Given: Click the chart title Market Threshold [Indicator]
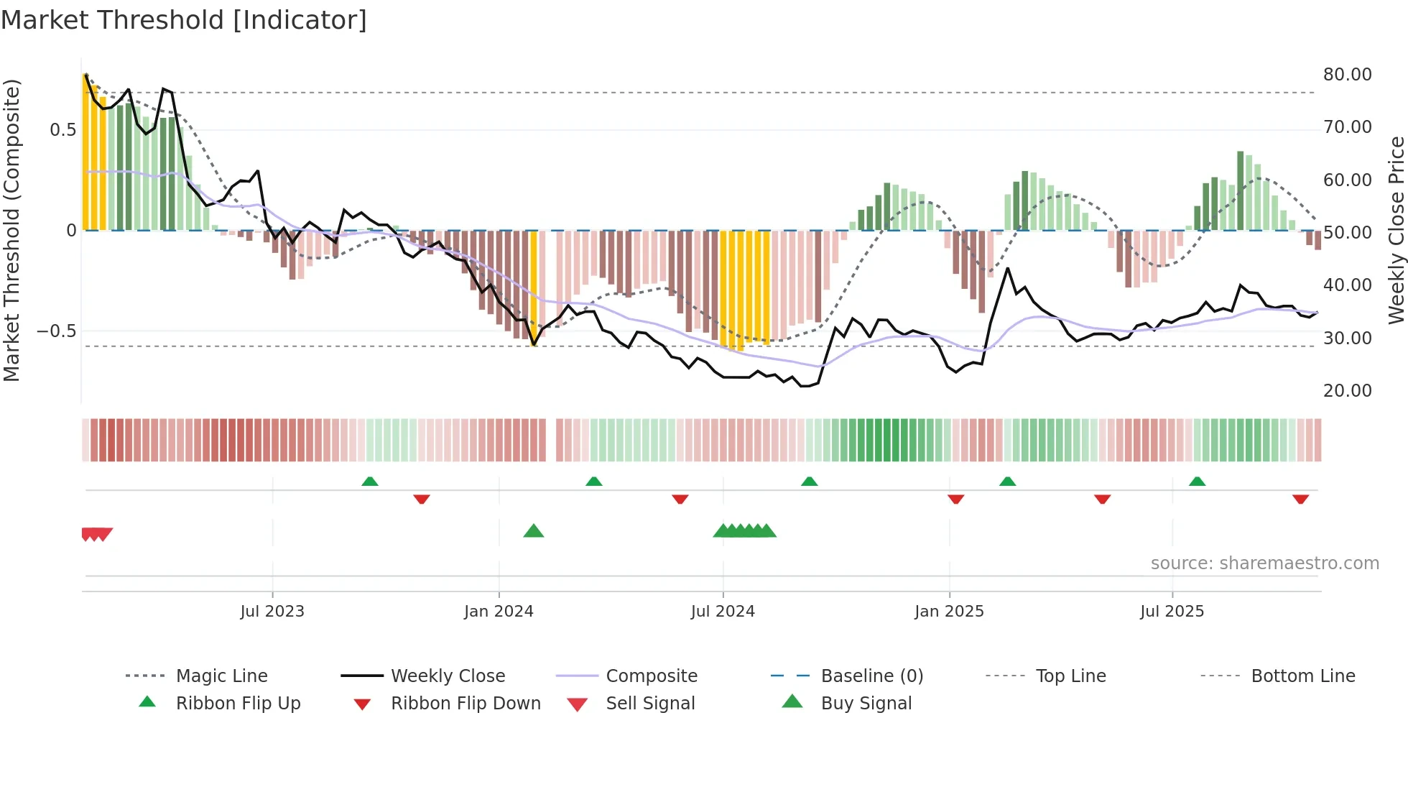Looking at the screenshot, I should tap(184, 20).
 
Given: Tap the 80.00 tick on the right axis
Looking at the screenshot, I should tap(1347, 75).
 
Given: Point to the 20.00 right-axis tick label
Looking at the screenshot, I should tap(1347, 391).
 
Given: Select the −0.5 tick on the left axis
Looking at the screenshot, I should tap(56, 331).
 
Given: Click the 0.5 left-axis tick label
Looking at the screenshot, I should tap(62, 130).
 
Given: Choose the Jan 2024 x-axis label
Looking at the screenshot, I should tap(499, 612).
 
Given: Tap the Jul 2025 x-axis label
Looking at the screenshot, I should tap(1172, 612).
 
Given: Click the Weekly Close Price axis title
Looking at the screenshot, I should tap(1396, 230).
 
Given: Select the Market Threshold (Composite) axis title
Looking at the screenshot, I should tap(11, 230).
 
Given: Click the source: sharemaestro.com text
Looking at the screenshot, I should tap(1264, 563).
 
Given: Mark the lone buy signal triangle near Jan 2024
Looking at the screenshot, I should tap(534, 531).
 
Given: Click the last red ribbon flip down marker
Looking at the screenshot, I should tap(1300, 499).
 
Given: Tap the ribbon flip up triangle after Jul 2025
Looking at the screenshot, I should tap(1197, 482).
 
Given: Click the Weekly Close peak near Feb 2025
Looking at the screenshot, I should tap(1008, 269).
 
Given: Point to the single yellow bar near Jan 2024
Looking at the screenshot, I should tap(533, 287).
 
